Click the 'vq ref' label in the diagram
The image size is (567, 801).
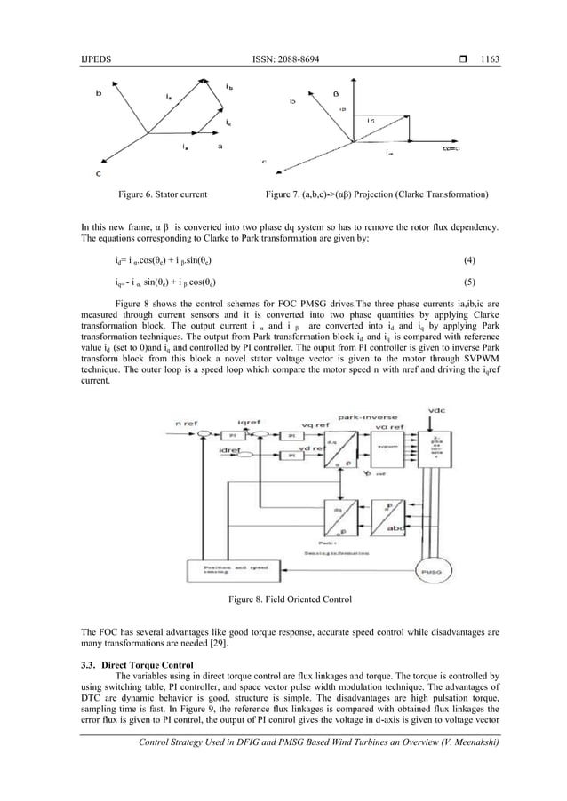coord(315,425)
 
